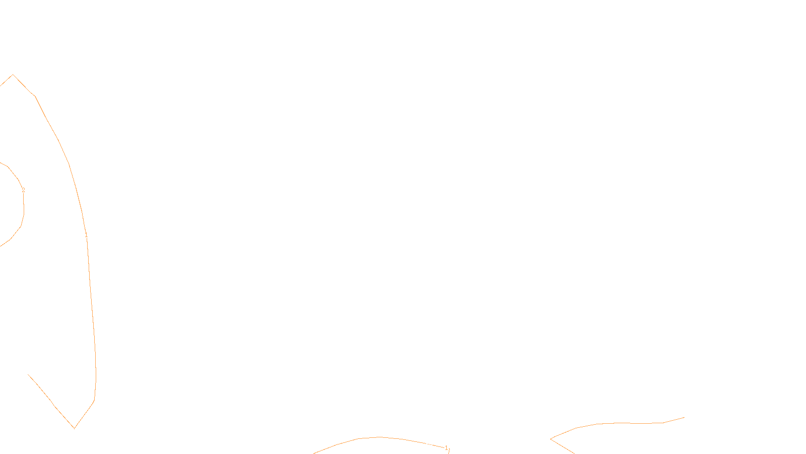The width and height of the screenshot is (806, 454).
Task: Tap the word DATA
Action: pos(426,446)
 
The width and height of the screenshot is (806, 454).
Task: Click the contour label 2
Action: pos(23,190)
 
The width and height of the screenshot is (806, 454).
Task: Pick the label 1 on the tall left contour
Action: pos(86,236)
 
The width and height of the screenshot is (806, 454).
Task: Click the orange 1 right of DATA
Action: pos(446,448)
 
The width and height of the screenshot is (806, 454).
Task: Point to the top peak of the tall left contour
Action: pos(13,75)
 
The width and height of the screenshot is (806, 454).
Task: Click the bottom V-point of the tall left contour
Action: pos(74,428)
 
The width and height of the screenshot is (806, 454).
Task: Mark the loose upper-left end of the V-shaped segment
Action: pos(28,374)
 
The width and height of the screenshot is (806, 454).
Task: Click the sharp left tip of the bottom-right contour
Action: pos(551,439)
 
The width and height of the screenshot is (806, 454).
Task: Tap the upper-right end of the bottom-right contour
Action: pos(684,418)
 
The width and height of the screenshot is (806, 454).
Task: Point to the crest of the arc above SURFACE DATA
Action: pos(379,437)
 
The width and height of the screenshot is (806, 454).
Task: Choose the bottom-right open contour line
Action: pos(620,423)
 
